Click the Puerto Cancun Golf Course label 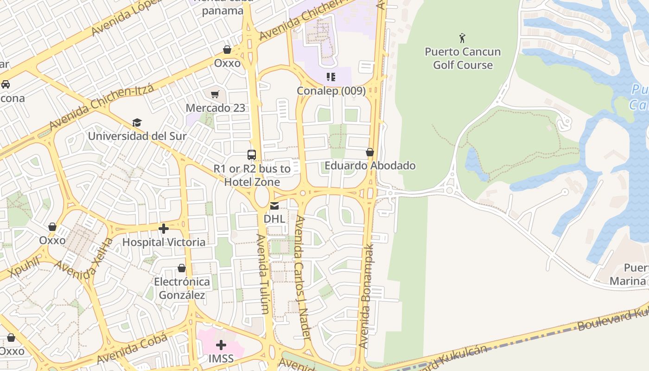tap(463, 58)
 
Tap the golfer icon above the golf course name tap(462, 38)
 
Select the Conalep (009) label tap(331, 91)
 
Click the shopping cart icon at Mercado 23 tap(215, 95)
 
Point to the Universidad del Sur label tap(137, 136)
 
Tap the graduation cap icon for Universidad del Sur tap(137, 122)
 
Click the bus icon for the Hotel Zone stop tap(252, 155)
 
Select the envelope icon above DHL tap(274, 205)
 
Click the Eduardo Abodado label tap(370, 166)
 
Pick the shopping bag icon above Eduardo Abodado tap(370, 152)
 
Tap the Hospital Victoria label tap(164, 242)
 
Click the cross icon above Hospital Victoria tap(163, 229)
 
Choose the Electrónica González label tap(182, 288)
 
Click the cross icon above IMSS tap(221, 345)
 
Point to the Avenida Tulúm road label tap(262, 274)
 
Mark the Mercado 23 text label tap(215, 108)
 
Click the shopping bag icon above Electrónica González tap(182, 269)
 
